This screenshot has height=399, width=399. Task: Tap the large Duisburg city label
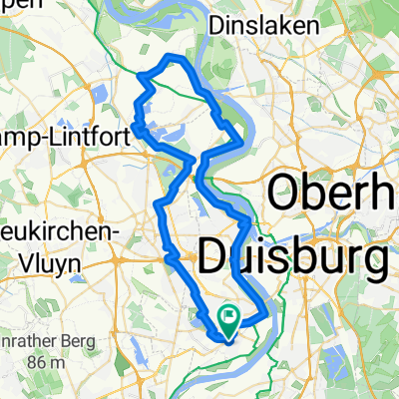(293, 257)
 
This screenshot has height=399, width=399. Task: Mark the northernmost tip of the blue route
(178, 56)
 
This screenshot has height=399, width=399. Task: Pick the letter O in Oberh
(280, 189)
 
